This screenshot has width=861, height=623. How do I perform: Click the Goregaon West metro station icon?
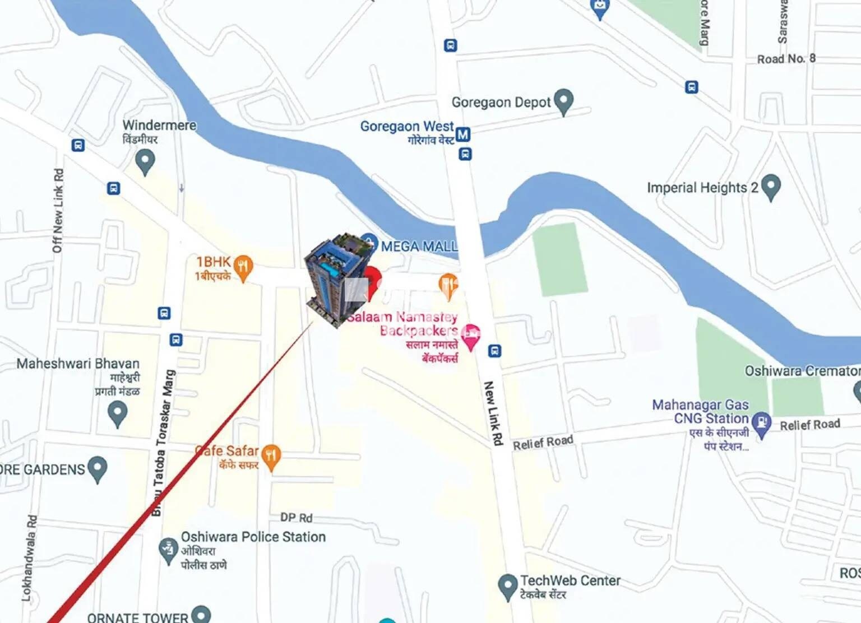coord(462,134)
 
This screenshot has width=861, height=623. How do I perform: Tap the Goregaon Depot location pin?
coord(563,101)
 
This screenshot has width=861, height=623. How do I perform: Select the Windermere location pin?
coord(145,162)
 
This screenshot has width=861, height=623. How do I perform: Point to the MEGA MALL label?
coord(419,246)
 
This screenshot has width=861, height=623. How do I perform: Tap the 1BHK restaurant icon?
coord(243,267)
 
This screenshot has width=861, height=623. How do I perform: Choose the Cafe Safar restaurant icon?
coord(271,456)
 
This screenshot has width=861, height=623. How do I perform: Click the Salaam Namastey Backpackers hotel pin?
coord(471,336)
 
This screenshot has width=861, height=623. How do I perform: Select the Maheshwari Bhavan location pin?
coord(117,414)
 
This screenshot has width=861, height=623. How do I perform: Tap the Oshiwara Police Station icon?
coord(168,550)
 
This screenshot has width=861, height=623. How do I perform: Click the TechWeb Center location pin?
coord(507,586)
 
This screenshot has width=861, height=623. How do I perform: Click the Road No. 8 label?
coord(786,58)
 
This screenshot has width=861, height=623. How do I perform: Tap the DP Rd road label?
coord(297,518)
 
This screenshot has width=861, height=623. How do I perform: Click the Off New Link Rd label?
coord(58,211)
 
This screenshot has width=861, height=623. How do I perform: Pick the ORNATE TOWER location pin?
coord(201,614)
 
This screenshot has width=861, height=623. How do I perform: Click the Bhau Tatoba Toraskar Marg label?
coord(163,443)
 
